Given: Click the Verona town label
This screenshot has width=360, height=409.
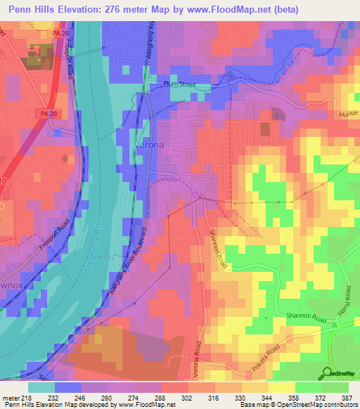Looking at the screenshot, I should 149,145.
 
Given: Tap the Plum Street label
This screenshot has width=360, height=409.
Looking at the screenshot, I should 175,86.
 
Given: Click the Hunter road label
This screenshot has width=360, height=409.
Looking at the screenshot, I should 348,113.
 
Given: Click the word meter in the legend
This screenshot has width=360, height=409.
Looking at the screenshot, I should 12,397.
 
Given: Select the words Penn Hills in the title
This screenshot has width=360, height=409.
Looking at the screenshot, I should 32,10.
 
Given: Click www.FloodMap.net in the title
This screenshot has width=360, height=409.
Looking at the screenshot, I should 229,10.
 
